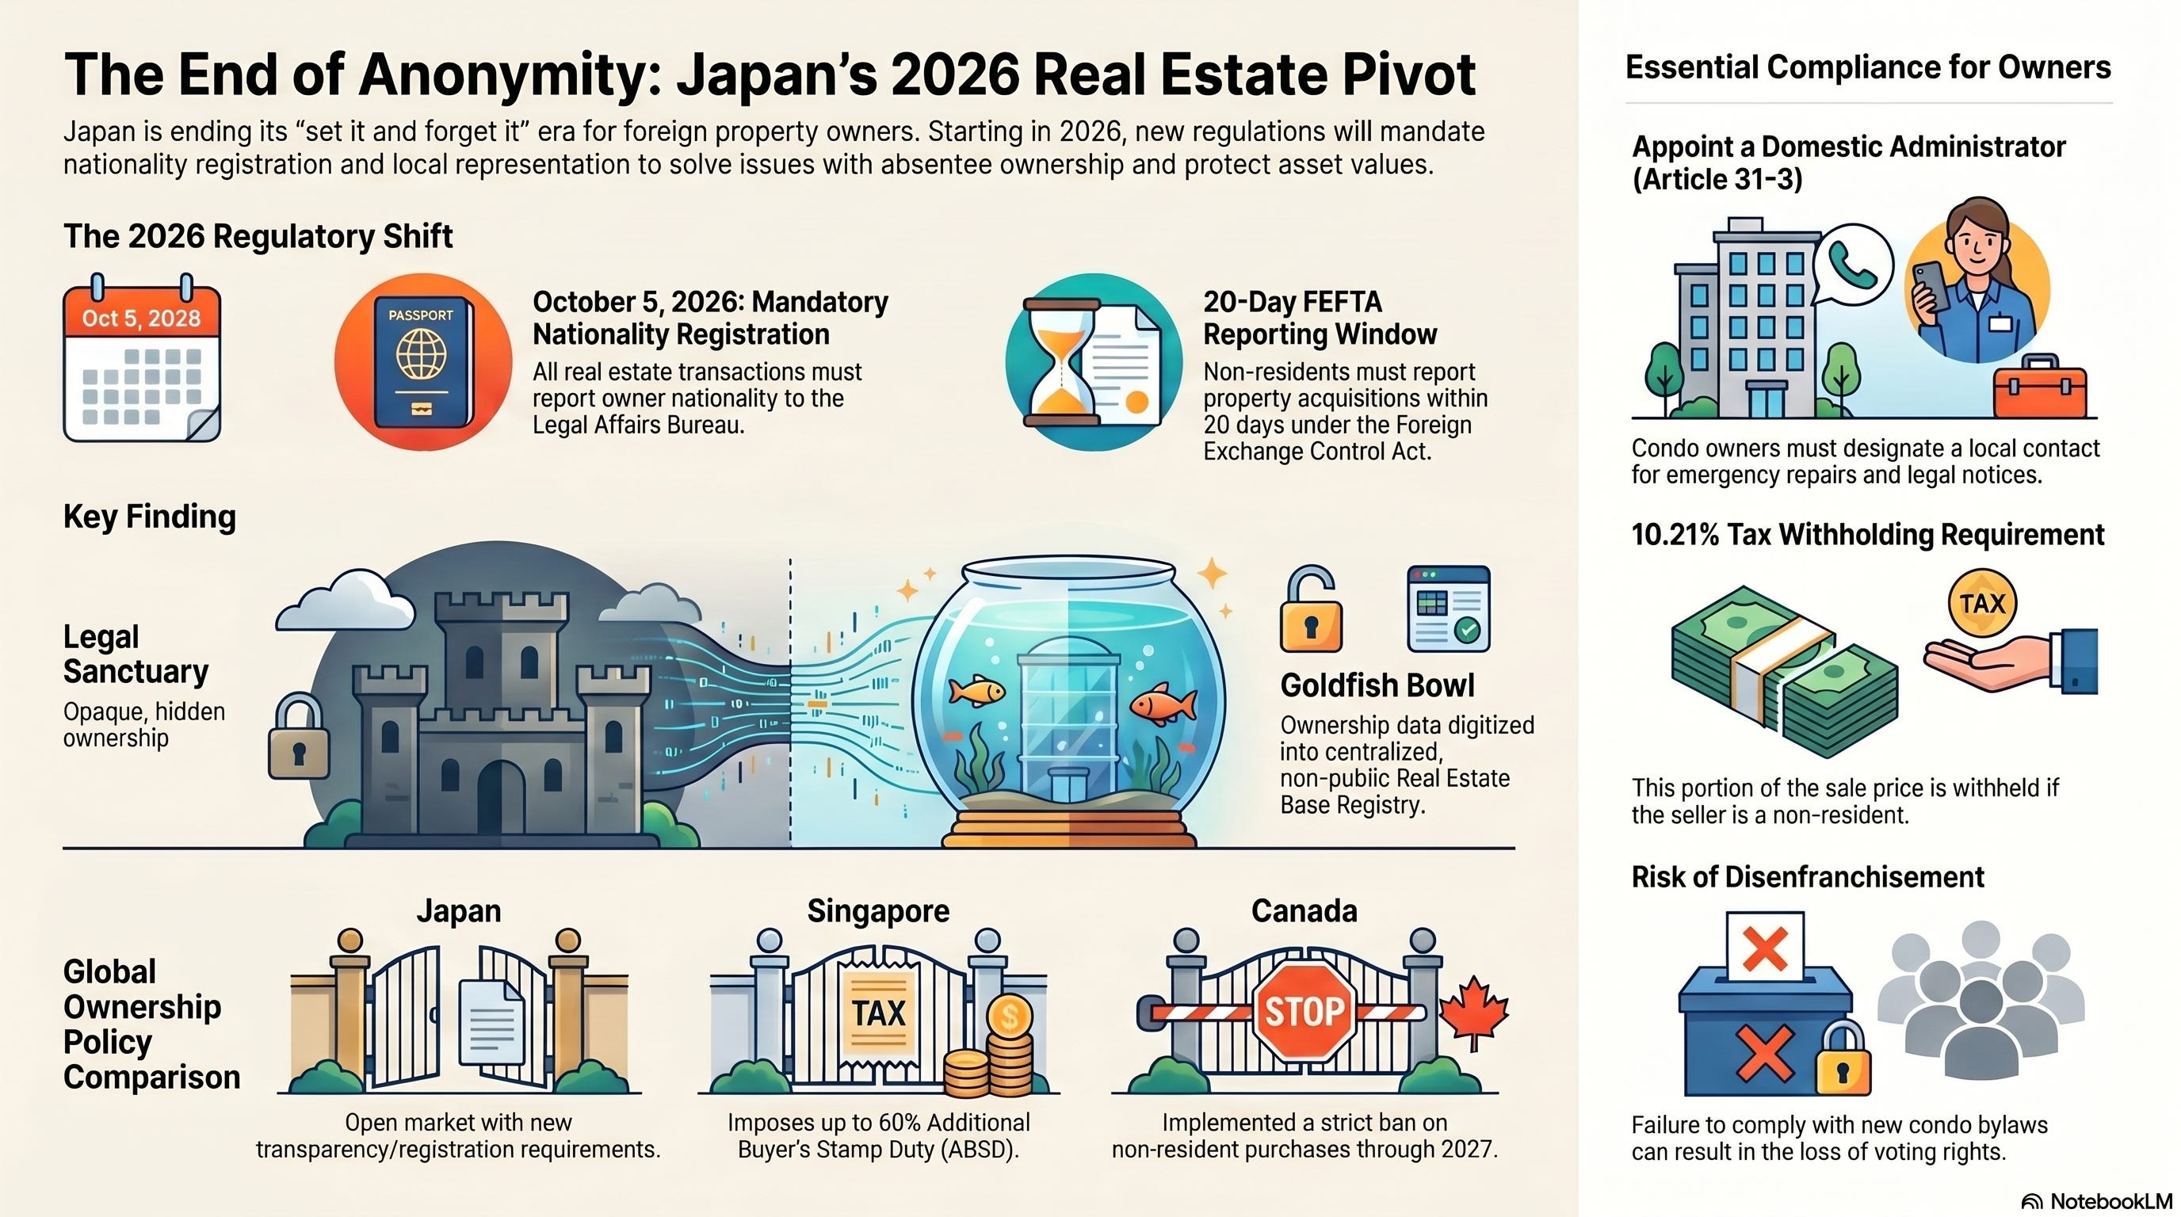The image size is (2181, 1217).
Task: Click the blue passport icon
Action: (x=422, y=362)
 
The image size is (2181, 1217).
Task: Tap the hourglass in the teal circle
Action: (x=1062, y=361)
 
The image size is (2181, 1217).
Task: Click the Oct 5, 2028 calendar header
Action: (x=141, y=319)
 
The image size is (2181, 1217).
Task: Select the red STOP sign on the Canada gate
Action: (x=1304, y=1010)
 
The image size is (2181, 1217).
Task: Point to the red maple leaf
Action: (x=1475, y=1009)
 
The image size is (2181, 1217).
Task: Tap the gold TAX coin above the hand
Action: (x=1981, y=604)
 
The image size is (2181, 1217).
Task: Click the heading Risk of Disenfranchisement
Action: (x=1807, y=877)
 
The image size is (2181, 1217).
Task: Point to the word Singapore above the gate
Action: (x=878, y=910)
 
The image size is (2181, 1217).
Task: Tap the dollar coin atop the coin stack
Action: (x=1008, y=1015)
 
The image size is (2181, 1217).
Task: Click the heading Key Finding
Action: (x=150, y=517)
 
